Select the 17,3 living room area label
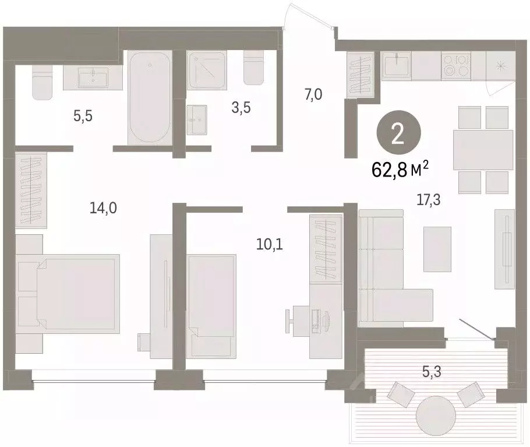coord(429,201)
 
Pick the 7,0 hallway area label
coord(312,94)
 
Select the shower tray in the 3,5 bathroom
coord(206,71)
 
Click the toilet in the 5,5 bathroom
coord(42,82)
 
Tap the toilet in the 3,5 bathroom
coord(255,68)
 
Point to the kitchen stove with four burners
coord(455,65)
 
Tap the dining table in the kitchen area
coord(483,150)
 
